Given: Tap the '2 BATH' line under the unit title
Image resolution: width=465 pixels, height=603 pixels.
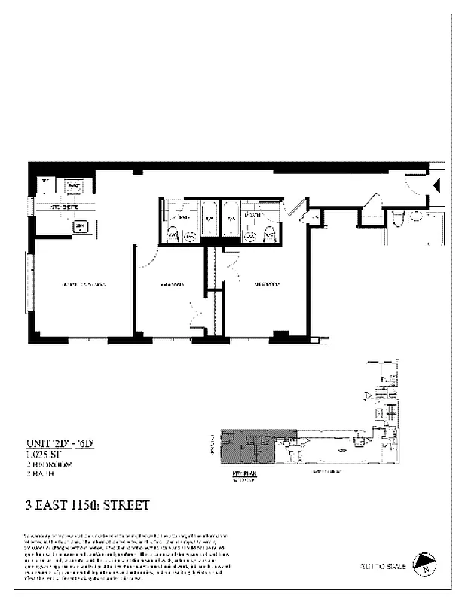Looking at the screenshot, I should [38, 474].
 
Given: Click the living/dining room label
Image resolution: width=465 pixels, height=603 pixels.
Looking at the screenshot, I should [83, 285].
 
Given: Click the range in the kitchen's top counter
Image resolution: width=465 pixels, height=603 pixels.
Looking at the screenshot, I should [74, 185].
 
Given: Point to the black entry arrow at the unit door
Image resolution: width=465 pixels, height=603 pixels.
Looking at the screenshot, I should [435, 182].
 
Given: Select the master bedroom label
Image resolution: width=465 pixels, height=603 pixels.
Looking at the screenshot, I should [265, 285].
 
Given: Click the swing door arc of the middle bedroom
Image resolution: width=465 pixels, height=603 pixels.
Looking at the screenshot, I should [148, 256].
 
